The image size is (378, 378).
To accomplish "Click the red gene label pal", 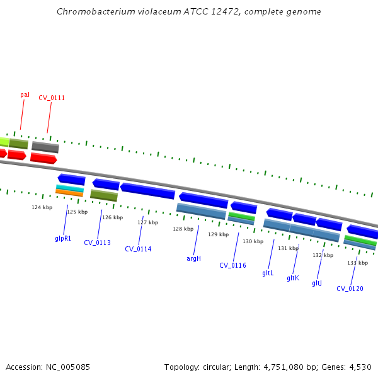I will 25,95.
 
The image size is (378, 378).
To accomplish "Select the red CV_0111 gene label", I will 52,98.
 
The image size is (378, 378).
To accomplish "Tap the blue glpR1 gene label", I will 63,239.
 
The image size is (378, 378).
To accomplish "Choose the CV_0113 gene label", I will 97,243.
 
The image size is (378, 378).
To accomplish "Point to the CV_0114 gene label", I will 138,249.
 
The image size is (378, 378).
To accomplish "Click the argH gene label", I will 193,258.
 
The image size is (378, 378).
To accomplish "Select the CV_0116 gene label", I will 232,265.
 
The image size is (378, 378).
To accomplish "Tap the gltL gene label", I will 268,273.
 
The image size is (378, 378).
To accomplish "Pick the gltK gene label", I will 293,278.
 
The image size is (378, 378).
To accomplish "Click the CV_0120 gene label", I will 350,289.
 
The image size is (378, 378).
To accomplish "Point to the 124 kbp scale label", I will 42,207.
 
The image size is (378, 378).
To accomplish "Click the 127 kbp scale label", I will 147,222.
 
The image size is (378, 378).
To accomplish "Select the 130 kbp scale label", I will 253,241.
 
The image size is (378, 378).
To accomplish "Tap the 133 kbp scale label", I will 357,263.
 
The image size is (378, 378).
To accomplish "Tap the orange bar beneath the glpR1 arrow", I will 69,193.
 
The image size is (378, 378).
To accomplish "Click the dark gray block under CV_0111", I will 45,147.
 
